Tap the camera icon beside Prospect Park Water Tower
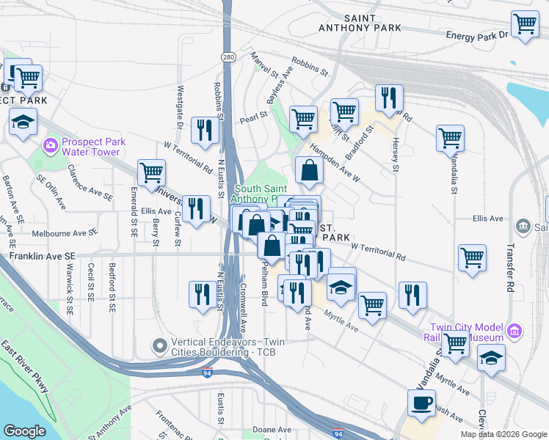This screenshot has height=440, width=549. [x=51, y=145]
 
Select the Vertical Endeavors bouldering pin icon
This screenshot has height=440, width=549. [x=159, y=345]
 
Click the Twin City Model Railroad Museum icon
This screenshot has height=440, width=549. [x=515, y=332]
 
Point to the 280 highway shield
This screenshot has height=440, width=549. [x=229, y=56]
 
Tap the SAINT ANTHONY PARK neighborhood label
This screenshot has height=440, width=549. [x=360, y=23]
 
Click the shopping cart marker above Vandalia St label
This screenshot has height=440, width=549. [x=450, y=137]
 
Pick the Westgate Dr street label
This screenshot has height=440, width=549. [x=180, y=103]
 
